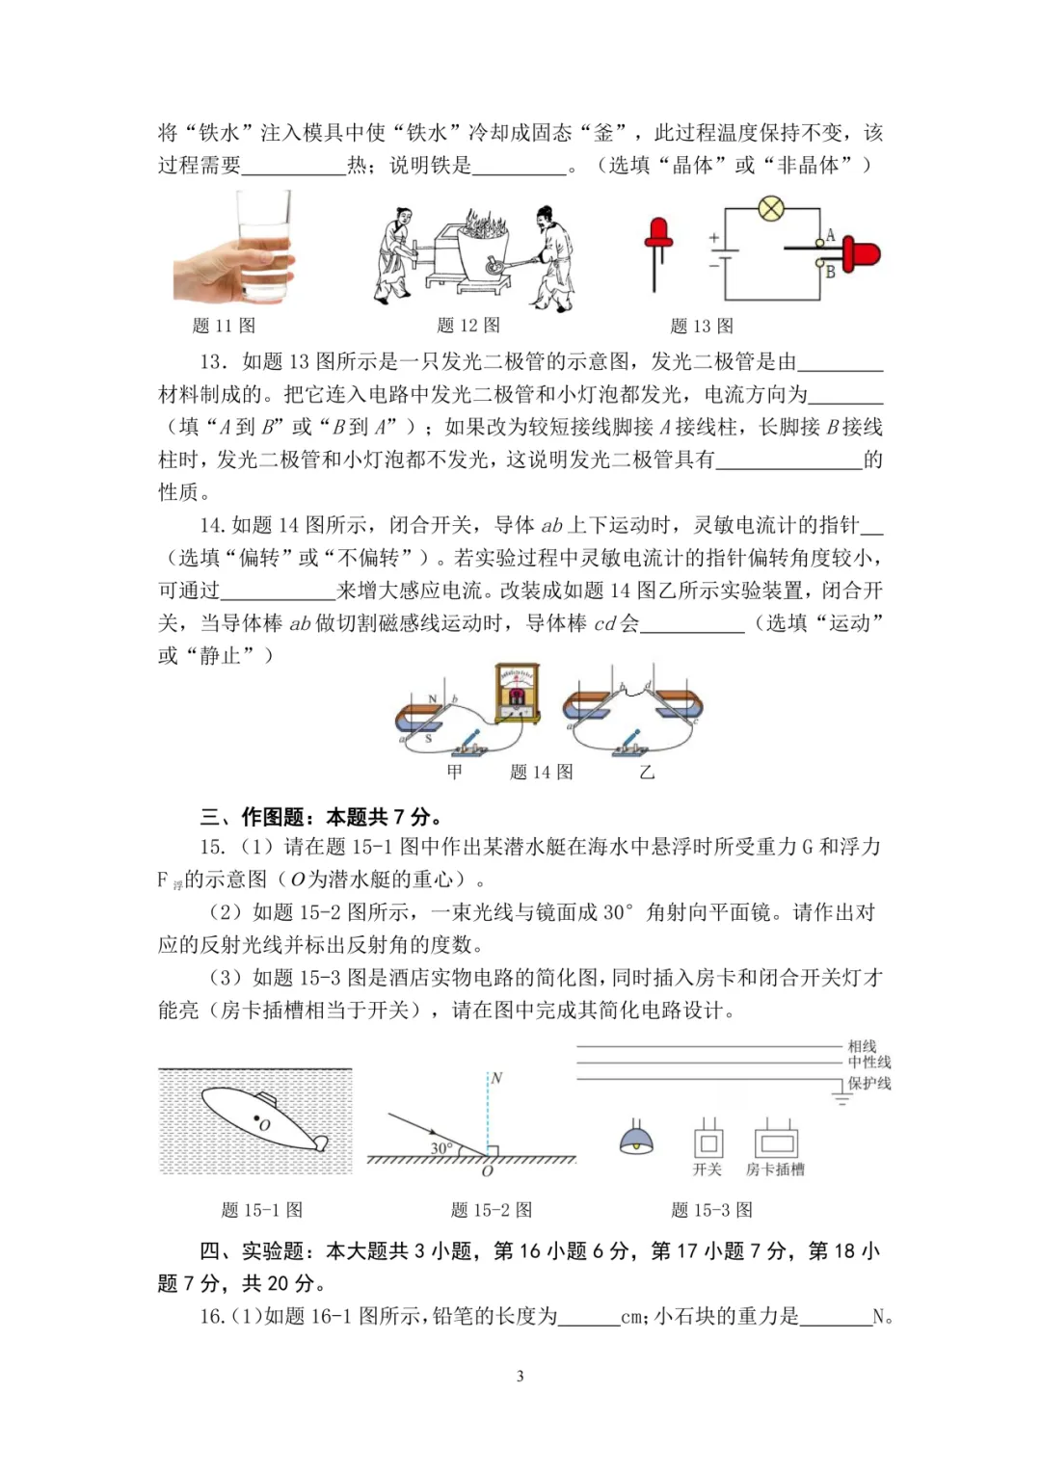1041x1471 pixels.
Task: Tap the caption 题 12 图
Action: point(468,326)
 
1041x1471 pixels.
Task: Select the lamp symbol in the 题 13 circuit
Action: point(770,209)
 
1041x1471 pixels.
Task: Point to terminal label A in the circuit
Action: point(830,235)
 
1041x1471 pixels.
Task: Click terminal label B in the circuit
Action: point(830,272)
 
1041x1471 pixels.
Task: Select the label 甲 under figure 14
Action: point(455,772)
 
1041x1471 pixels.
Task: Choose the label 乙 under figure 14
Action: point(647,772)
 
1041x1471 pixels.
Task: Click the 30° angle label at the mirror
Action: point(441,1147)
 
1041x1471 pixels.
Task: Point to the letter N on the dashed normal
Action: point(496,1078)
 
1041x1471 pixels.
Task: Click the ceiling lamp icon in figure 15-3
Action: point(636,1140)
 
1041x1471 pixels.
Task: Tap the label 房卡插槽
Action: point(775,1169)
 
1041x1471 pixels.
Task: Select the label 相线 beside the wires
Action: point(862,1046)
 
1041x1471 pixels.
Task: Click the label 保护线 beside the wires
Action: point(869,1084)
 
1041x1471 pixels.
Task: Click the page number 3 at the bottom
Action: point(520,1376)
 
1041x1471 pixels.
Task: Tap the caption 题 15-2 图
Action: point(491,1210)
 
